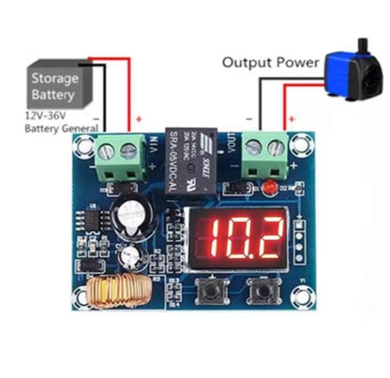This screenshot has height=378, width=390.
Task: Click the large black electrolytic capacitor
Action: pyautogui.click(x=132, y=212)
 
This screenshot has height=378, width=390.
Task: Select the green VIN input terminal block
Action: pyautogui.click(x=124, y=155)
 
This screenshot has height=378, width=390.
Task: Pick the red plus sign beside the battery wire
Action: pyautogui.click(x=140, y=119)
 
